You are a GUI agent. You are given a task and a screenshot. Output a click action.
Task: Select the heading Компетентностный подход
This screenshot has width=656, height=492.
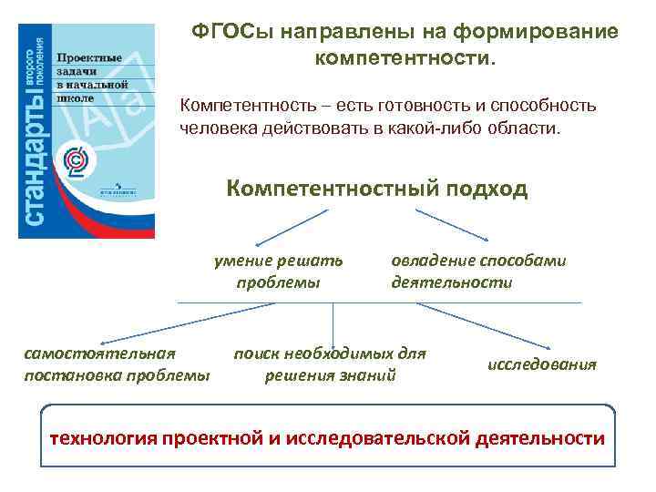[376, 189]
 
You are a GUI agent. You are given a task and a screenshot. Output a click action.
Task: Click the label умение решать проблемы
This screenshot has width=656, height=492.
[278, 271]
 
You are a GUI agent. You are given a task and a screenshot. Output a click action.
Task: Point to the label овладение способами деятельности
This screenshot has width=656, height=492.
[477, 271]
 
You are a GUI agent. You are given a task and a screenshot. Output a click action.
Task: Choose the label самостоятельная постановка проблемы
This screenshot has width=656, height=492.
[116, 364]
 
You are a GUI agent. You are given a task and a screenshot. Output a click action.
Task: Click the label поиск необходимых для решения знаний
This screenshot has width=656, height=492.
[330, 364]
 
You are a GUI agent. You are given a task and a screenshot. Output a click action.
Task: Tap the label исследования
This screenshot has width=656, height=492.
[542, 364]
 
